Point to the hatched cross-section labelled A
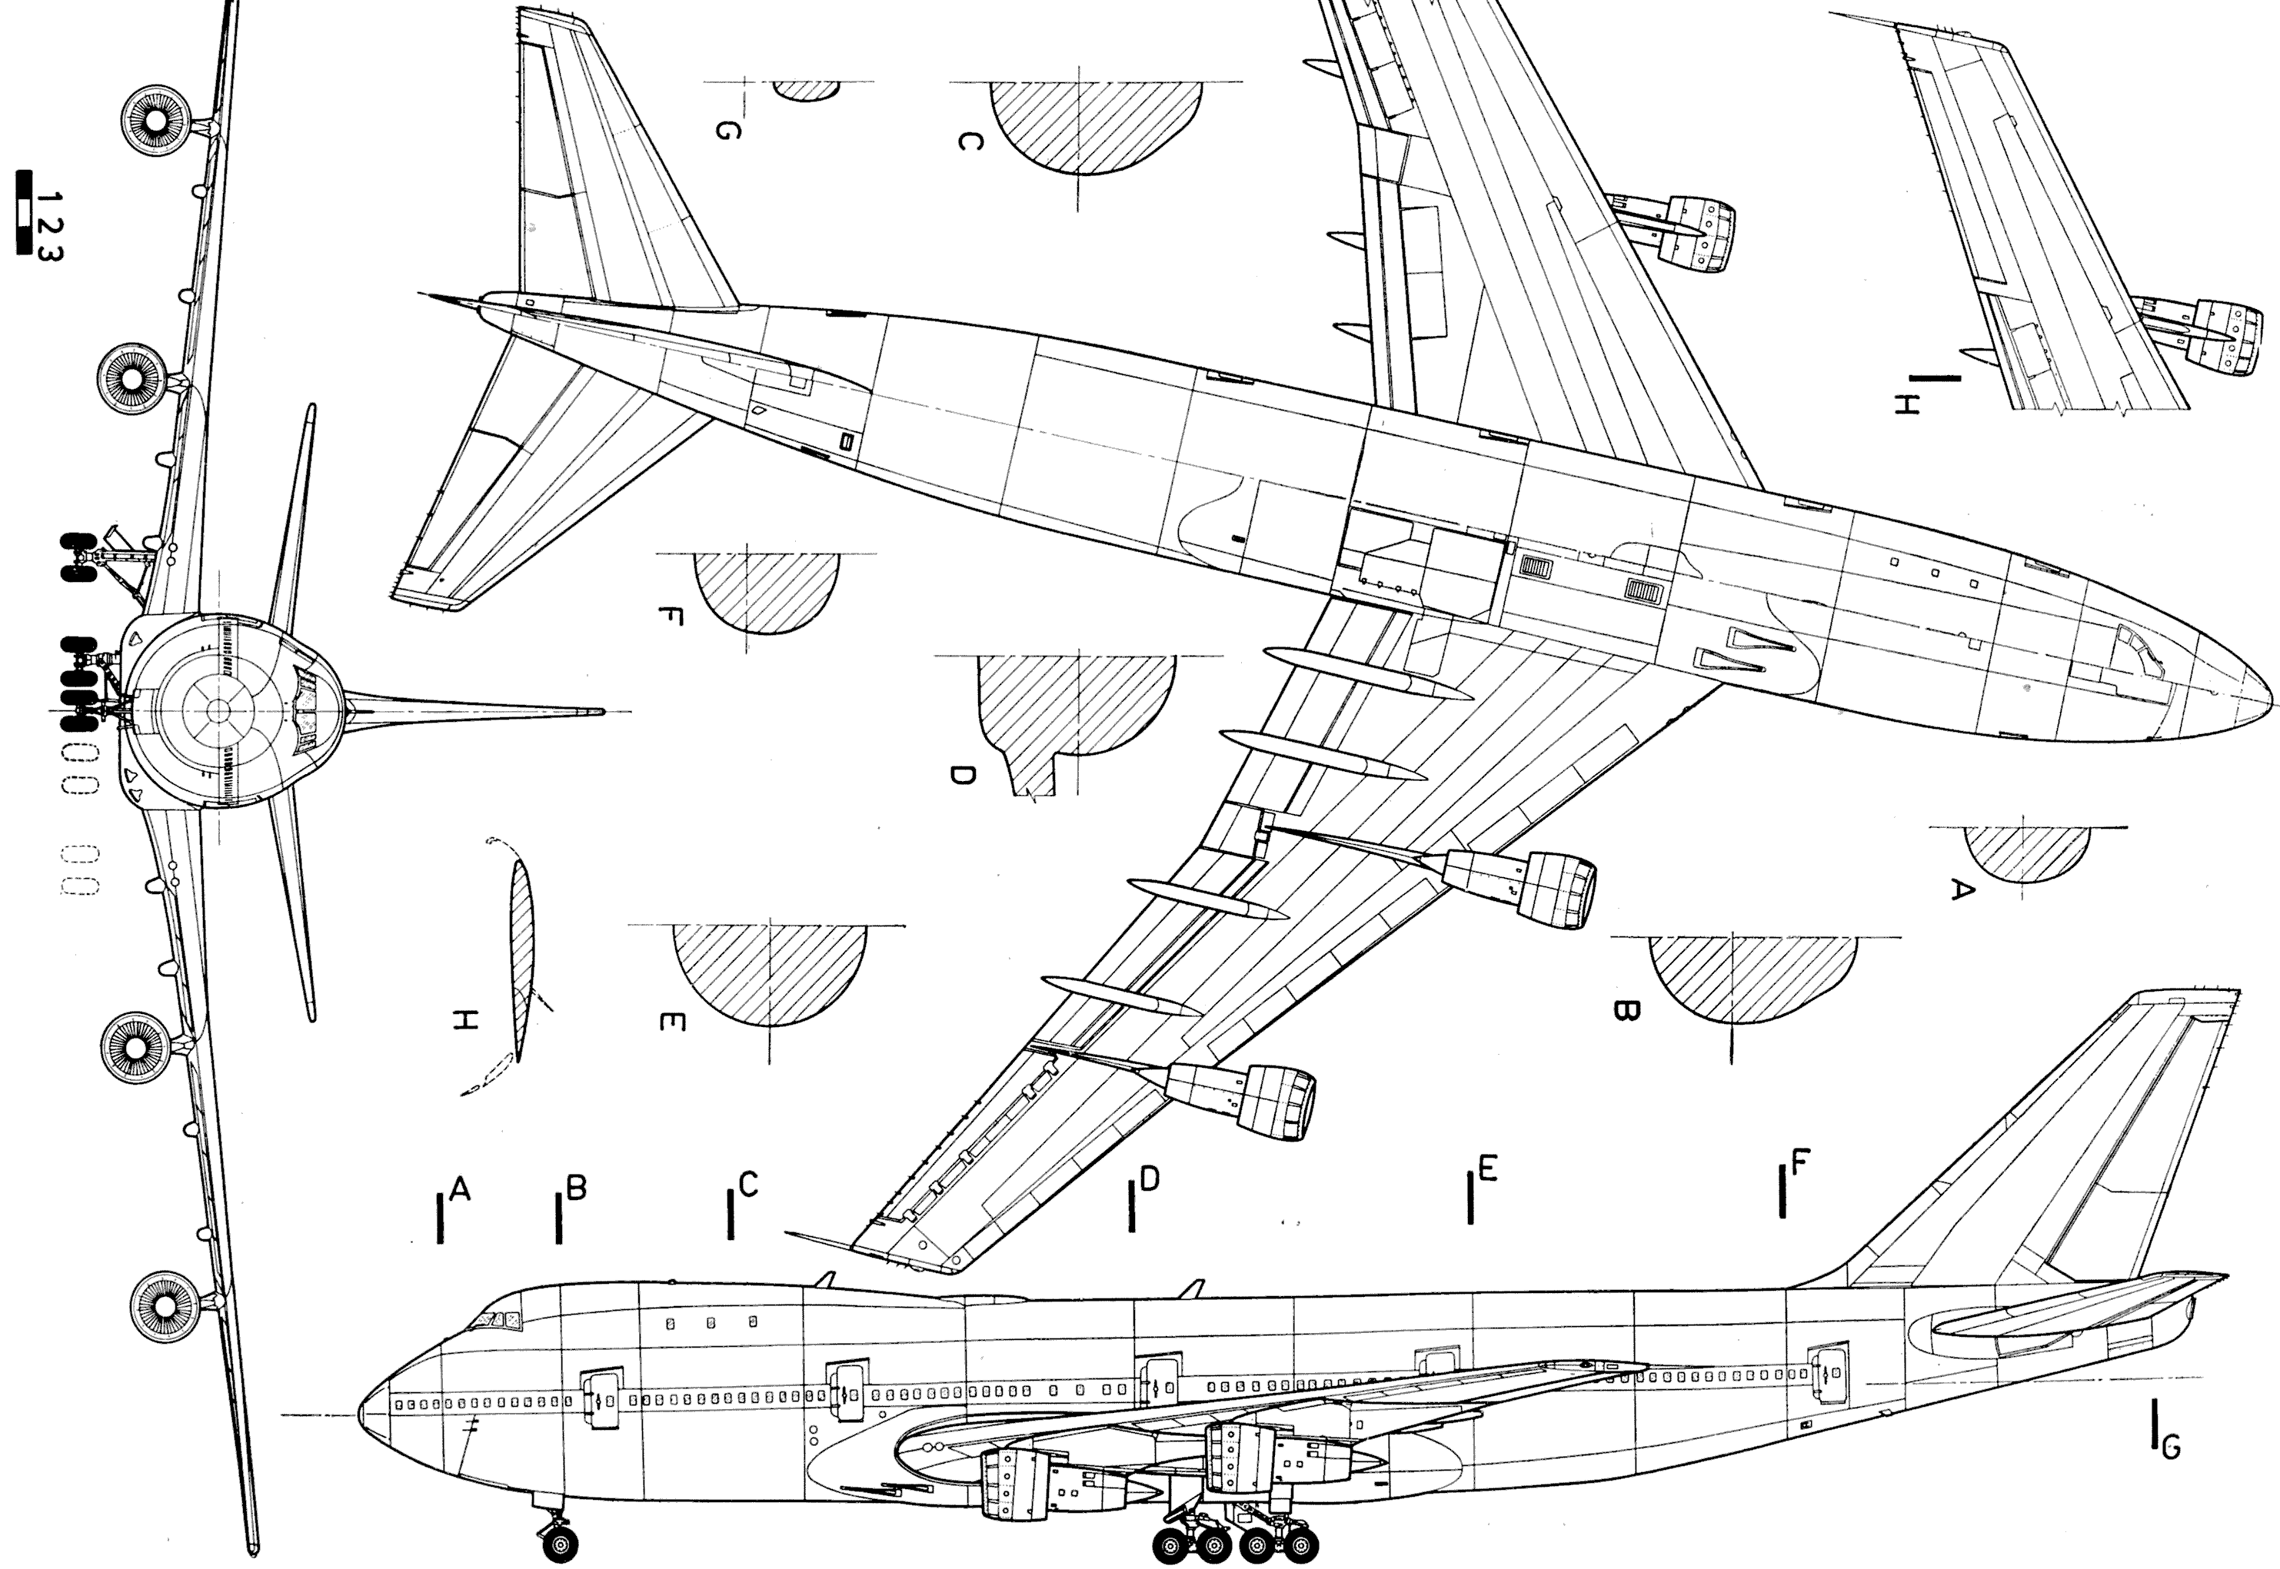pos(2025,851)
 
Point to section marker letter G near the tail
pos(2171,1446)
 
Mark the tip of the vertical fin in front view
pos(600,712)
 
